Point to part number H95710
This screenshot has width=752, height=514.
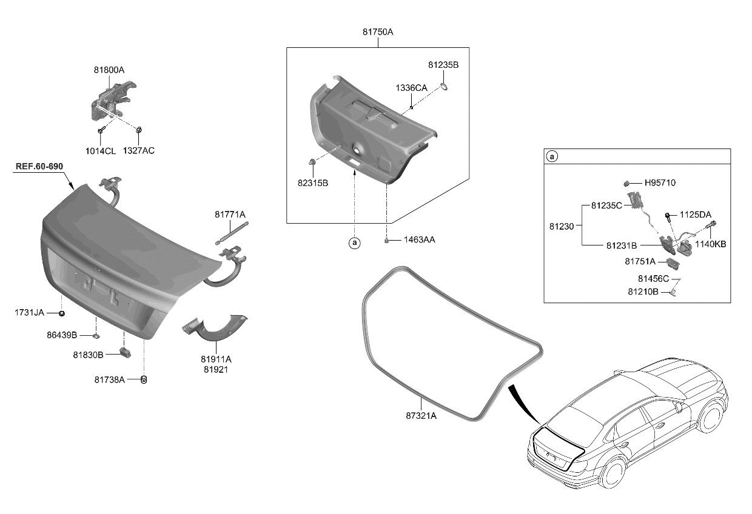click(660, 182)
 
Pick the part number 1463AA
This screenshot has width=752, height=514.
click(419, 240)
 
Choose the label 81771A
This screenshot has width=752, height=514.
click(230, 214)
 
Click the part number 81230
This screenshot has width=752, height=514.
click(562, 225)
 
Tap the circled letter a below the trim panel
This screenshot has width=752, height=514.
click(354, 244)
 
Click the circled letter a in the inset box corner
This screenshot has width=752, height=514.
click(552, 156)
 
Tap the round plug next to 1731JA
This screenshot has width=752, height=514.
click(62, 313)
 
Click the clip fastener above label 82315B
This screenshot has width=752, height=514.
click(312, 162)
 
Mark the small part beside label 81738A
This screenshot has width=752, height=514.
click(144, 379)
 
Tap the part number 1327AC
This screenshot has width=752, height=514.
click(139, 150)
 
